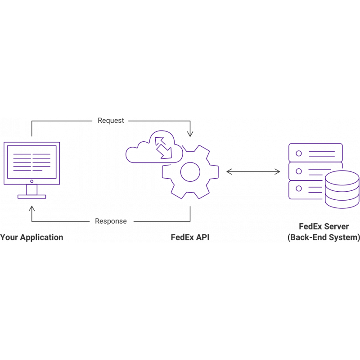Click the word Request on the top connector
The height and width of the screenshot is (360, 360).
pos(111,121)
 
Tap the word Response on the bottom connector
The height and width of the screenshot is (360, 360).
pos(111,221)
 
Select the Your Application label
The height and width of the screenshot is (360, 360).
pos(31,237)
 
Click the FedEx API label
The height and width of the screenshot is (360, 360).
pos(190,237)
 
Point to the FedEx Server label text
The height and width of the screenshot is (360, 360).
pos(324,226)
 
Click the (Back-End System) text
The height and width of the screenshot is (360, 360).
pos(324,237)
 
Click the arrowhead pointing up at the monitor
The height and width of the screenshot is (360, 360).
pos(31,209)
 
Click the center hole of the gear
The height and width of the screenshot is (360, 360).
pos(190,172)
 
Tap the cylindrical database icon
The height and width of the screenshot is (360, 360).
pos(342,189)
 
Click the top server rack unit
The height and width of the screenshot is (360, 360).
pos(315,153)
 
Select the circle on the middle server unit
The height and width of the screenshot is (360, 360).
pos(298,171)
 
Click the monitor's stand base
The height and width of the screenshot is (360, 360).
pos(31,196)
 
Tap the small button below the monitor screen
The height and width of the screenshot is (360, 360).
pos(31,181)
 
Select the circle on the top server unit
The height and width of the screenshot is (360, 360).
pos(298,153)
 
